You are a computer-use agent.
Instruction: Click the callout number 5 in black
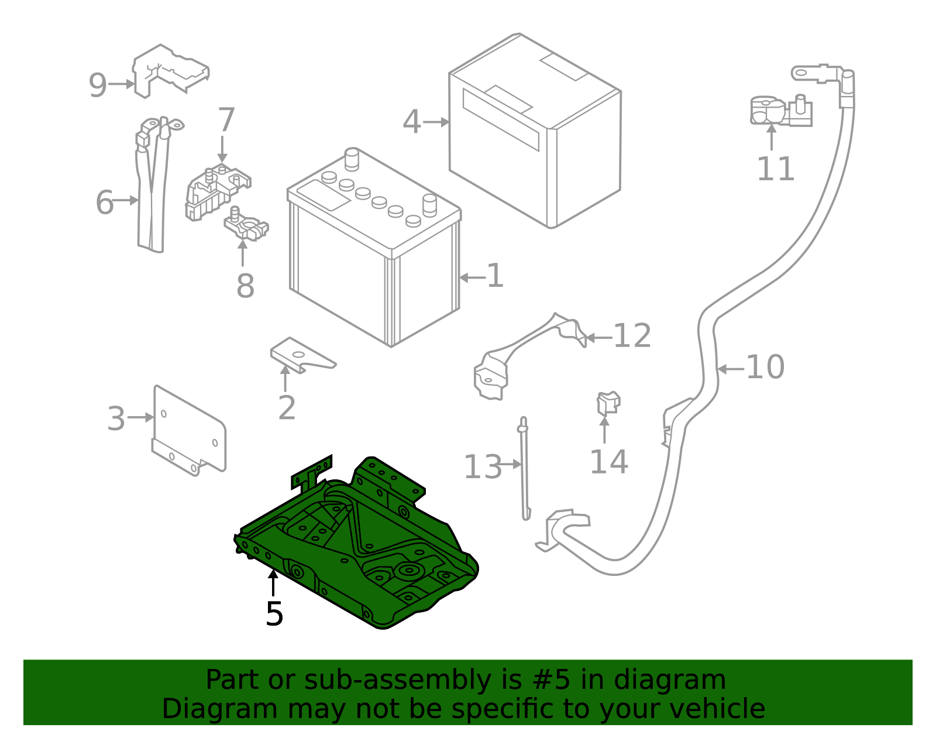point(274,614)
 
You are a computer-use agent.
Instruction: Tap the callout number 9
point(98,85)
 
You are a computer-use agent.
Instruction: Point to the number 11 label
point(775,170)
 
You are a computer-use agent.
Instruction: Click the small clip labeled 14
point(608,403)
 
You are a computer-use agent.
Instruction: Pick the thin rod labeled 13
point(524,468)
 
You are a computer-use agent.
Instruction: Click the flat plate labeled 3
point(188,430)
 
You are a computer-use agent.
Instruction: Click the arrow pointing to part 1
point(472,277)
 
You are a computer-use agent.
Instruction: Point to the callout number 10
point(765,368)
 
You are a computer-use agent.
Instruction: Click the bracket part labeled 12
point(526,351)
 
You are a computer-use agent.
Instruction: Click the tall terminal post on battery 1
point(352,158)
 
